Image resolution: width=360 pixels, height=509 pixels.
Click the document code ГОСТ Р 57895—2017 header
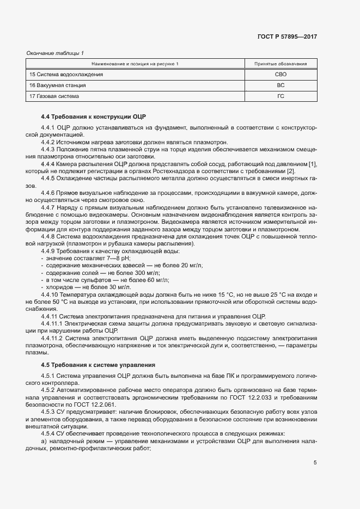(286, 37)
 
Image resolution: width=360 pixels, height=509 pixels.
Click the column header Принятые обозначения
(280, 64)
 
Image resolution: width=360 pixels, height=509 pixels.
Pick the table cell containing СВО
(280, 75)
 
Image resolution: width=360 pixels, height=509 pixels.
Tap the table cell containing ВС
(280, 85)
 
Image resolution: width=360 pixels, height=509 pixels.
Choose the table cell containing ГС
(280, 96)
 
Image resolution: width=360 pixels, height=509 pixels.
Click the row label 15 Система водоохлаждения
(66, 75)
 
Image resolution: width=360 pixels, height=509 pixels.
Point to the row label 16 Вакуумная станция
(57, 85)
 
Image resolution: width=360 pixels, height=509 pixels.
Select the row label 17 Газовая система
(54, 96)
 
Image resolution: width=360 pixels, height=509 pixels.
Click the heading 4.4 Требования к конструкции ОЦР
(94, 117)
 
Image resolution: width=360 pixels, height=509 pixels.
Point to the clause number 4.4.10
(51, 293)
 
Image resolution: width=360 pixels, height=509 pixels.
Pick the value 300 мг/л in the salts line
(147, 272)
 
